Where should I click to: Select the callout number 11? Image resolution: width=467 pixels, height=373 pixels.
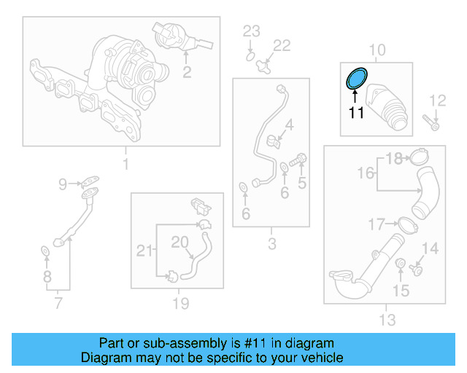(355, 112)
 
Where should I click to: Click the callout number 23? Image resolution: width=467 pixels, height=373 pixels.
(251, 31)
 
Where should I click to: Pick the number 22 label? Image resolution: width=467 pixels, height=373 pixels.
(281, 45)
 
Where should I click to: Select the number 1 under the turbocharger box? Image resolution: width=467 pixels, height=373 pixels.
(125, 165)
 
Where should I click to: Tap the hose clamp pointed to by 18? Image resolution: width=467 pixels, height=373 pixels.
(418, 156)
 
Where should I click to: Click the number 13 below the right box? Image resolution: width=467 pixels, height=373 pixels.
(387, 319)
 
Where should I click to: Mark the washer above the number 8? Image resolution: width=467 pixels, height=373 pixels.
(45, 252)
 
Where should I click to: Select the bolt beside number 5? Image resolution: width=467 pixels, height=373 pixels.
(298, 160)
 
